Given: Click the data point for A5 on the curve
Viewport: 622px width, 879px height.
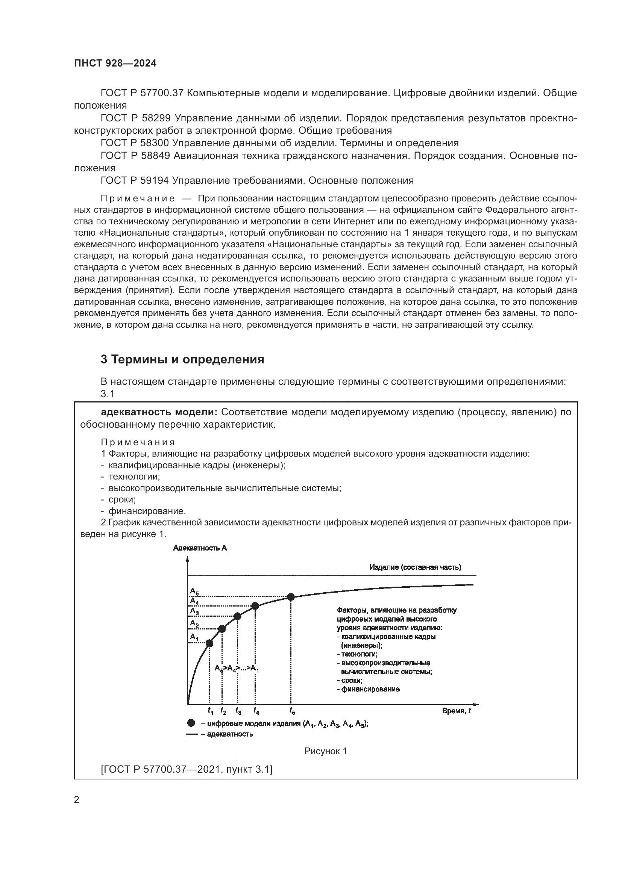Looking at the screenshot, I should coord(291,597).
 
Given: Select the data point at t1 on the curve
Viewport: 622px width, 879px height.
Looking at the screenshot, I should coord(209,643).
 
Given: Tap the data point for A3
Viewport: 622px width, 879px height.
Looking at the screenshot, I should coord(237,616).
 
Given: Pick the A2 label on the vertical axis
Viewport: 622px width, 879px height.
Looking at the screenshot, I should coord(194,624).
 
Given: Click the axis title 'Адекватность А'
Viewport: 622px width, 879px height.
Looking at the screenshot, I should coord(200,548).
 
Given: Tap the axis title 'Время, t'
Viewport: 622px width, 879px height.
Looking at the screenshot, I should coord(456,711).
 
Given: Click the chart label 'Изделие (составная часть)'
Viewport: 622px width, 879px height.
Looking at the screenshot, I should coord(415,567).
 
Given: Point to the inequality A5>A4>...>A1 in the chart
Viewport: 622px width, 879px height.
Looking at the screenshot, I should coord(237,669).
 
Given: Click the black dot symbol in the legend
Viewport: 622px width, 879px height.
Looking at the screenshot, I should coord(191,723).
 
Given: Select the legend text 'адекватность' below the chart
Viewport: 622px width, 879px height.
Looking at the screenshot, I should coord(230,734).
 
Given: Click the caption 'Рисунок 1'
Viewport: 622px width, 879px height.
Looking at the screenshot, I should coord(326,751).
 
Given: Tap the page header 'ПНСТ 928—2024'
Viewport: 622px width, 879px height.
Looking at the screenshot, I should coord(115,64).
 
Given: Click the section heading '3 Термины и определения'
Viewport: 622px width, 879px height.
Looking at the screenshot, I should coord(182,360).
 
